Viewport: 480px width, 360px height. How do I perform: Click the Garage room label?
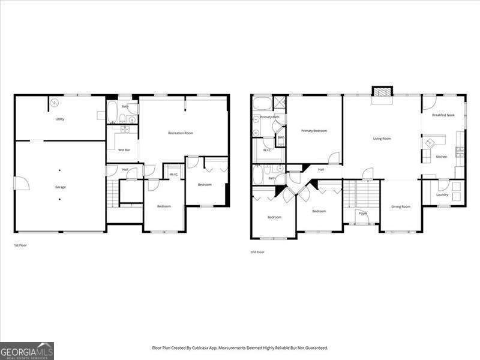tap(61, 187)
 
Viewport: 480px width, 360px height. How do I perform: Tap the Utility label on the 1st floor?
tap(60, 119)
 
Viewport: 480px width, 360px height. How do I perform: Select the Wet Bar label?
tap(124, 150)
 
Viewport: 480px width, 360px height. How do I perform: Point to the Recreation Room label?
tap(180, 133)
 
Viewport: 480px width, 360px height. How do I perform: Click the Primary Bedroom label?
tap(314, 131)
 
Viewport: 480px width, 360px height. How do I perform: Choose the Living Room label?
tap(382, 139)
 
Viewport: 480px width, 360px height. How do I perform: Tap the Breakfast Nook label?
tap(443, 115)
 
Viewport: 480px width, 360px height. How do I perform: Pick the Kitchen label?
tap(442, 157)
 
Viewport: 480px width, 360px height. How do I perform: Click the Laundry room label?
tap(442, 194)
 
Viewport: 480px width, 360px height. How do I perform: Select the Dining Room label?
tap(401, 206)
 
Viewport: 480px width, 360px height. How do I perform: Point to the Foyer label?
tap(362, 213)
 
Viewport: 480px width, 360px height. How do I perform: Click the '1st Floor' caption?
tap(20, 245)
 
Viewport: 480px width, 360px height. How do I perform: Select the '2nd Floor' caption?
tap(257, 252)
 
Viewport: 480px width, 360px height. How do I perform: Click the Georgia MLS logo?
tap(27, 350)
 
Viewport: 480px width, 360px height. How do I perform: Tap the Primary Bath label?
tap(269, 117)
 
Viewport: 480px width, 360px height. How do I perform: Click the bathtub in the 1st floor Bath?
tap(113, 112)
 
